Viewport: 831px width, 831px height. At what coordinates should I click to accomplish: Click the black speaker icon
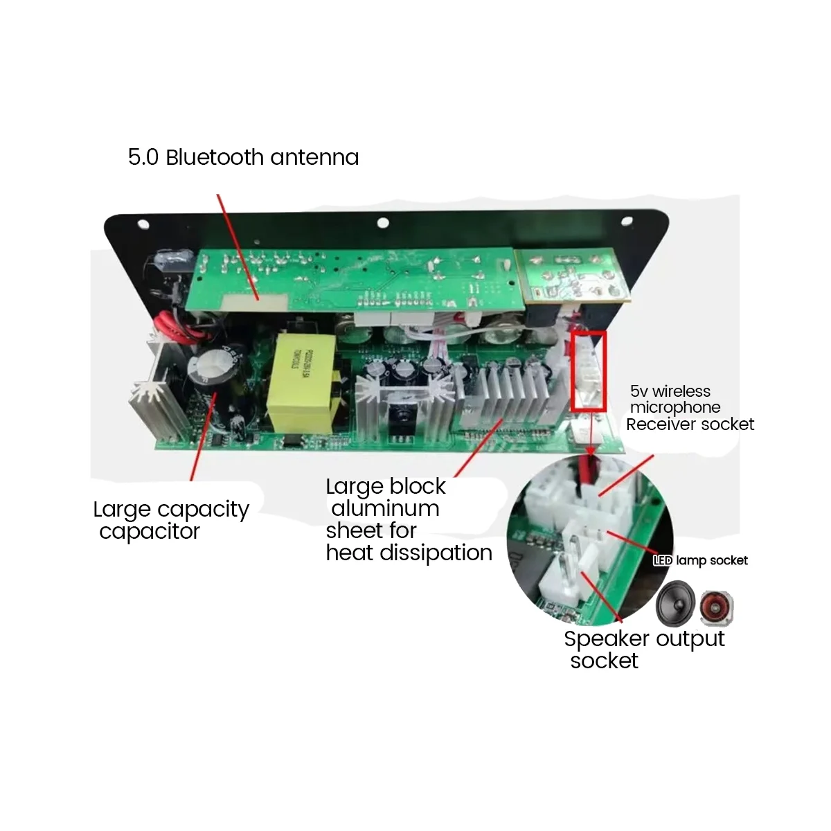674,602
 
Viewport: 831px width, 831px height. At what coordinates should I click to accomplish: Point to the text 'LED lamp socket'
700,560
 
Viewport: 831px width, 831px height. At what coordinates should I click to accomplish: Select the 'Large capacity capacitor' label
170,520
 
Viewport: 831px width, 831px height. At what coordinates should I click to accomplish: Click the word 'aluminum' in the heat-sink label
386,508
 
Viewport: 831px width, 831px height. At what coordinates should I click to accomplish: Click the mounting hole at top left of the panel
143,225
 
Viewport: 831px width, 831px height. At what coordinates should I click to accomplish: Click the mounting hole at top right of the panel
628,224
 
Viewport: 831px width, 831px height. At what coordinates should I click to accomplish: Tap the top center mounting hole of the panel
382,223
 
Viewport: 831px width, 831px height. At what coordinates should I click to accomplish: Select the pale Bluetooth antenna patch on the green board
257,301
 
